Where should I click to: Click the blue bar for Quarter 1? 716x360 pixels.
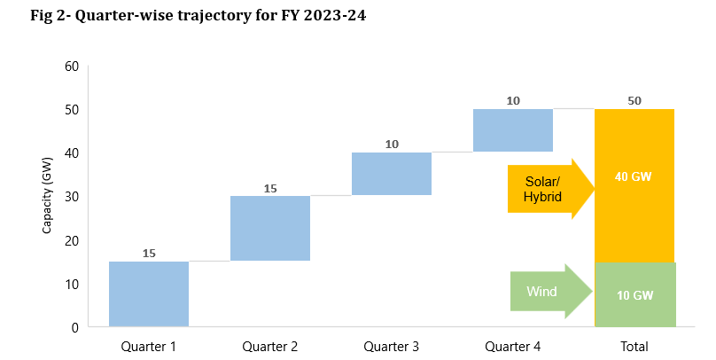click(149, 293)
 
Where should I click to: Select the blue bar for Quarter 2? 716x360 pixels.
click(270, 228)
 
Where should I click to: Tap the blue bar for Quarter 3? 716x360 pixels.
click(392, 174)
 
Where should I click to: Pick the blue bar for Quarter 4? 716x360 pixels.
click(513, 130)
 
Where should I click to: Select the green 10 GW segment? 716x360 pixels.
click(634, 294)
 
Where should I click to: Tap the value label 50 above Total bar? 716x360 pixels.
click(634, 100)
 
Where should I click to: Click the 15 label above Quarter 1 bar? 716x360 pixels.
click(149, 254)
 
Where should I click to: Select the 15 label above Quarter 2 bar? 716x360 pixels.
click(270, 188)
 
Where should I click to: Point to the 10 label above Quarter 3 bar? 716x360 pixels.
click(392, 144)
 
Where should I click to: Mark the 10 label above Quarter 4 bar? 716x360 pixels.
click(513, 100)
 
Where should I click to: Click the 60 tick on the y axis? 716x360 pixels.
click(71, 67)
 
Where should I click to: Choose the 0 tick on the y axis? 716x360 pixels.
click(75, 327)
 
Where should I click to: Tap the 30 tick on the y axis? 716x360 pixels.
click(71, 197)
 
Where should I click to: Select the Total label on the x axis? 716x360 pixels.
click(634, 346)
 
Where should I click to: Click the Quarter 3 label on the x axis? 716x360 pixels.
click(392, 346)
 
